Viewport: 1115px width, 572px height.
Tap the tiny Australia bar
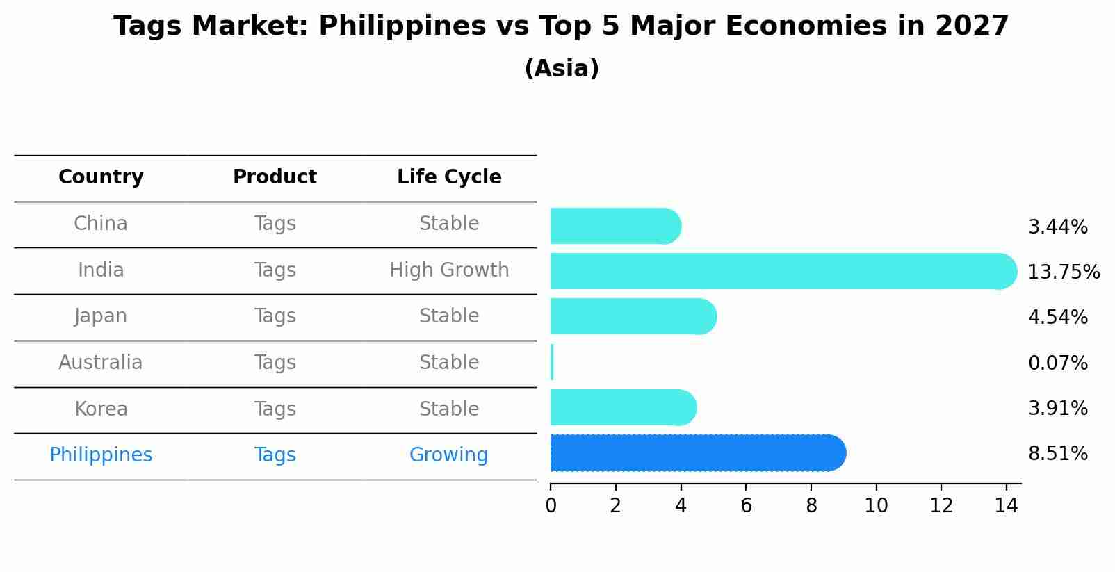[x=552, y=362]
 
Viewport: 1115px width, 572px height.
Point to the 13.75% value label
[x=1064, y=272]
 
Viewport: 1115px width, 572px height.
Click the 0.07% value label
[x=1057, y=363]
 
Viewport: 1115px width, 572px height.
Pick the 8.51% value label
[x=1057, y=454]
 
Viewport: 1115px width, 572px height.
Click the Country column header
[x=101, y=177]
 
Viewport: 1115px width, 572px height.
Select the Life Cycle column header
[x=449, y=177]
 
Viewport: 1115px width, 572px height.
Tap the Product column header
[x=275, y=177]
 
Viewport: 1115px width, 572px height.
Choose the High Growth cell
[x=449, y=270]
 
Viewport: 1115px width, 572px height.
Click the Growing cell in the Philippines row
[x=448, y=455]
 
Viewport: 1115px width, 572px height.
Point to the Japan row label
[x=101, y=316]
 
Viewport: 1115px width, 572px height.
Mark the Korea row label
[x=101, y=409]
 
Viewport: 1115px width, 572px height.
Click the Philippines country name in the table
[x=101, y=455]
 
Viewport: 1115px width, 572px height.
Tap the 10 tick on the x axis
[x=876, y=506]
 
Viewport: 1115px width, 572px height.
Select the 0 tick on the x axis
[x=551, y=506]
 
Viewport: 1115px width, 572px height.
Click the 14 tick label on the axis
[x=1006, y=506]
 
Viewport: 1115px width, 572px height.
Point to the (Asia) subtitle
[x=562, y=69]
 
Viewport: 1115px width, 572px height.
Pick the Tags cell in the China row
[x=275, y=224]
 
